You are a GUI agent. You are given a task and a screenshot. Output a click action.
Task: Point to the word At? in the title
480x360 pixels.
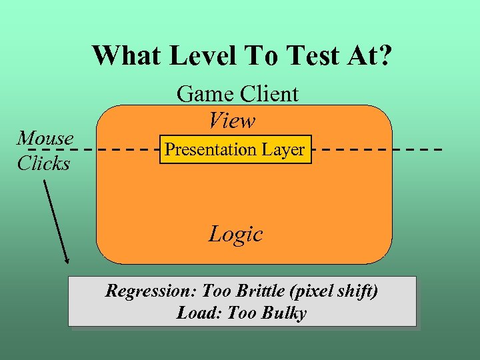pyautogui.click(x=367, y=56)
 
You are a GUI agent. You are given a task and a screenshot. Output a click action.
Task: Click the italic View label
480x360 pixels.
pyautogui.click(x=231, y=121)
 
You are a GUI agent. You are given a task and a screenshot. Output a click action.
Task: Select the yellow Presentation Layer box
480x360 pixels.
pyautogui.click(x=235, y=149)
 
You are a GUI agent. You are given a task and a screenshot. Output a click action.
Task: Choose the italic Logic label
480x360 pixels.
pyautogui.click(x=235, y=234)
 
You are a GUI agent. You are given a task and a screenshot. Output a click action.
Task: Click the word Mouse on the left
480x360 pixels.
pyautogui.click(x=45, y=138)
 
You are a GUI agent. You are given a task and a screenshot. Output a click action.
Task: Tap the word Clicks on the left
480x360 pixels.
pyautogui.click(x=43, y=163)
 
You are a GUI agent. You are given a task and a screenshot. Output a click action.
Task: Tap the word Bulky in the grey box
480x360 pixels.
pyautogui.click(x=285, y=313)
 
